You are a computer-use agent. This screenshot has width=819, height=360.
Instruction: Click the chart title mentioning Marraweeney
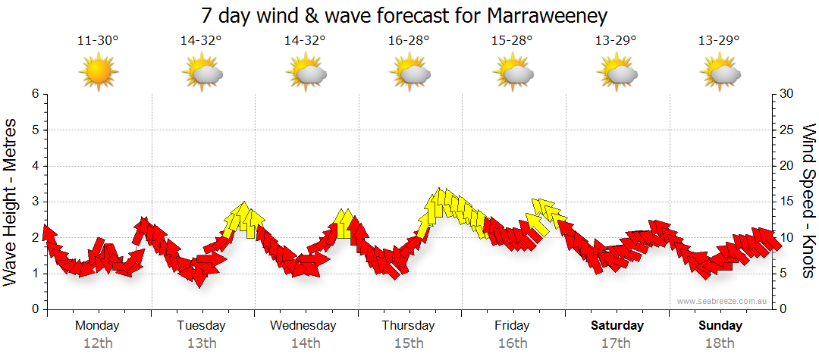(405, 15)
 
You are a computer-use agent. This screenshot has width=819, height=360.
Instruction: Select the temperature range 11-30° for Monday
(98, 41)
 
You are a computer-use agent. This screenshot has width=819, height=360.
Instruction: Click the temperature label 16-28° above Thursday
(409, 41)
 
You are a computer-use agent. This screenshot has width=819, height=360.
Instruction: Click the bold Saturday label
(617, 326)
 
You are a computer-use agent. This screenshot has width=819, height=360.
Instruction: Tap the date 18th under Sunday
(720, 343)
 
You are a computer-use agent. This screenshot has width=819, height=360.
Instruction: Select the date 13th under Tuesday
(202, 343)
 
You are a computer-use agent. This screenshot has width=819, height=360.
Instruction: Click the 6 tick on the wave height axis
(34, 94)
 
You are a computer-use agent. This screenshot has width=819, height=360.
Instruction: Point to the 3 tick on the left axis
(34, 202)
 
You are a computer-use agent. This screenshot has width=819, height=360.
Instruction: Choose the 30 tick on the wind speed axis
(788, 94)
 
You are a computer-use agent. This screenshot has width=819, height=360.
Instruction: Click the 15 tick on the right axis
(788, 202)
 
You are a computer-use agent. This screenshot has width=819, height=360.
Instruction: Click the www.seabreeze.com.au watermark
(723, 301)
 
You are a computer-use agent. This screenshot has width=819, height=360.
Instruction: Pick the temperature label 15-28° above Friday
(513, 41)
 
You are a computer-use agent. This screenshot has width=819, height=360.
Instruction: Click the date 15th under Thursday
(409, 343)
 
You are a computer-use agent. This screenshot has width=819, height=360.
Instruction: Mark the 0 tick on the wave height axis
(34, 309)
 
